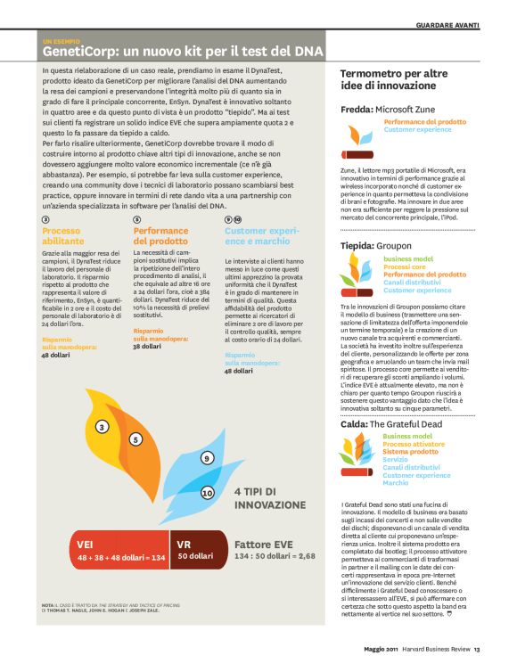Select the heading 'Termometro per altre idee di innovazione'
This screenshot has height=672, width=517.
click(397, 82)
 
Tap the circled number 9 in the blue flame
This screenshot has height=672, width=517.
click(207, 458)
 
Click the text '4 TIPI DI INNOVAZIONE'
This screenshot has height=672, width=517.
click(270, 498)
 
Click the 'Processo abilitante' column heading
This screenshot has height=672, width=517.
click(66, 235)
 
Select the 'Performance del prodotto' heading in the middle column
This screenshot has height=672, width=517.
click(160, 235)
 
